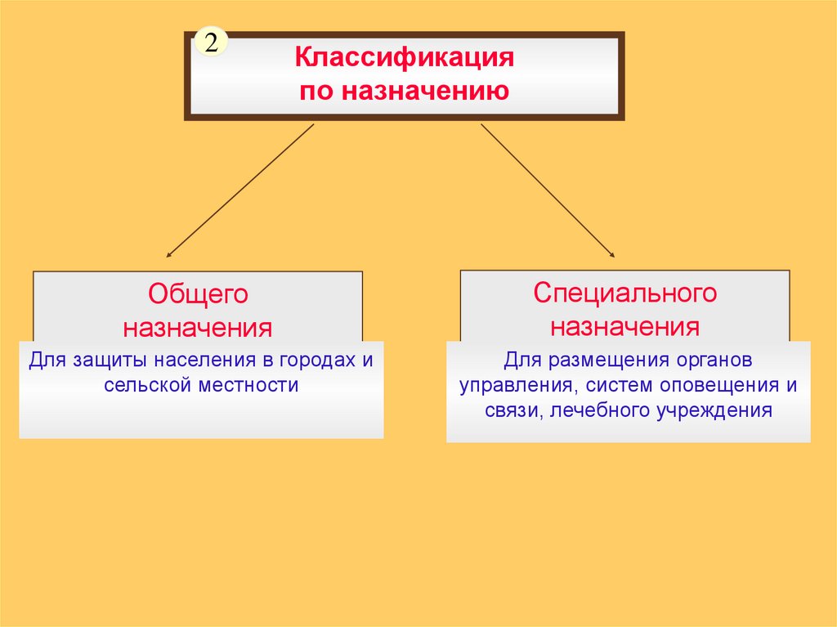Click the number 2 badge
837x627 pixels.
click(x=211, y=44)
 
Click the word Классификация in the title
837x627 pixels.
click(x=404, y=59)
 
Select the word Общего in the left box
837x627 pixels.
click(x=198, y=293)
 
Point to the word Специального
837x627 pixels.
click(x=624, y=293)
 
